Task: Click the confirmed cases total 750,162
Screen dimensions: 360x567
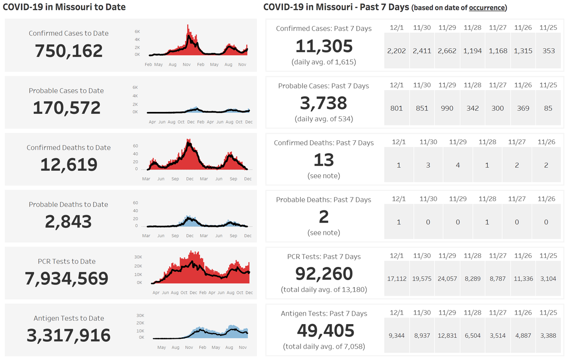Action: click(x=69, y=51)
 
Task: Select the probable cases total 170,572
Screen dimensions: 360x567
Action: click(x=67, y=108)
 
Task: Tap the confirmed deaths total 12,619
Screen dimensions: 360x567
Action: click(x=69, y=164)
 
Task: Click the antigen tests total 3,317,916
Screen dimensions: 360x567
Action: click(x=69, y=335)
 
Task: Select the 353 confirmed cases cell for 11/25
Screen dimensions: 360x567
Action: click(x=549, y=51)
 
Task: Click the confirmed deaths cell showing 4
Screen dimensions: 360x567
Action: click(x=458, y=165)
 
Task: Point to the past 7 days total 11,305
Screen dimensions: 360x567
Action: click(x=324, y=46)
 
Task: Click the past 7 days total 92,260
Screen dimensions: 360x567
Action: click(x=324, y=274)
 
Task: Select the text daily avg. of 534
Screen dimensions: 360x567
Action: click(x=324, y=119)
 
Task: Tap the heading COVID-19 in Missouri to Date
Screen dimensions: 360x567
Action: click(x=64, y=8)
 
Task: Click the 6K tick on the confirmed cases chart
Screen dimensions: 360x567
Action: click(x=137, y=32)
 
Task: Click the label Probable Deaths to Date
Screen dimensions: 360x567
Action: click(x=69, y=205)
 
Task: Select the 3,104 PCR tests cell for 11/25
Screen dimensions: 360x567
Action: click(x=549, y=279)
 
